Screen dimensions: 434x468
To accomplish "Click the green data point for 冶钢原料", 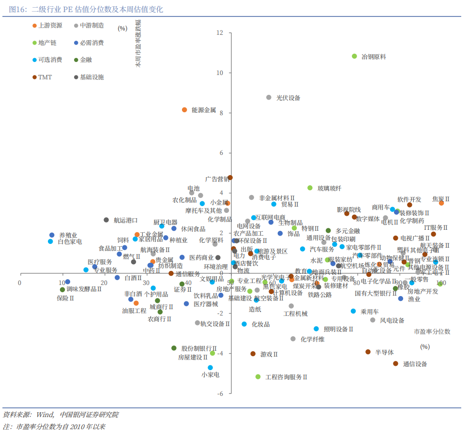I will tap(354, 57).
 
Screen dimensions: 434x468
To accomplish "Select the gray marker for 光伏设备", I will tap(269, 98).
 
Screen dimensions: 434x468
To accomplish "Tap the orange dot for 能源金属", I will tap(184, 110).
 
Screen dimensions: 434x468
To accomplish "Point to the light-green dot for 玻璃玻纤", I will tap(310, 188).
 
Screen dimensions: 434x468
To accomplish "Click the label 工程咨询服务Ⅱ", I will tap(287, 377).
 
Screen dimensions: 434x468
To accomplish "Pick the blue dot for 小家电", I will tap(210, 368).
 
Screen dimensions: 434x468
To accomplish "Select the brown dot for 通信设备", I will tap(395, 363).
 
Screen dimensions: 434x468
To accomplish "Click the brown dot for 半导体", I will tap(368, 352).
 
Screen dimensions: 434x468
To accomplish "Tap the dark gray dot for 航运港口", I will tap(106, 220).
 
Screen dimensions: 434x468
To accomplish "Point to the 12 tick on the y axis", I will tap(220, 33).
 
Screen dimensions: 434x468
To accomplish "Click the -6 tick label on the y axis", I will tap(220, 393).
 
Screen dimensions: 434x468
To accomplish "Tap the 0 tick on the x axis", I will tap(20, 283).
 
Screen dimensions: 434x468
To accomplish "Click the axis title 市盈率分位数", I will tap(432, 331).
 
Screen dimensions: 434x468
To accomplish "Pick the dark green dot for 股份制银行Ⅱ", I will tap(174, 348).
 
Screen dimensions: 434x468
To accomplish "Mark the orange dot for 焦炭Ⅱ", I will tap(441, 203).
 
